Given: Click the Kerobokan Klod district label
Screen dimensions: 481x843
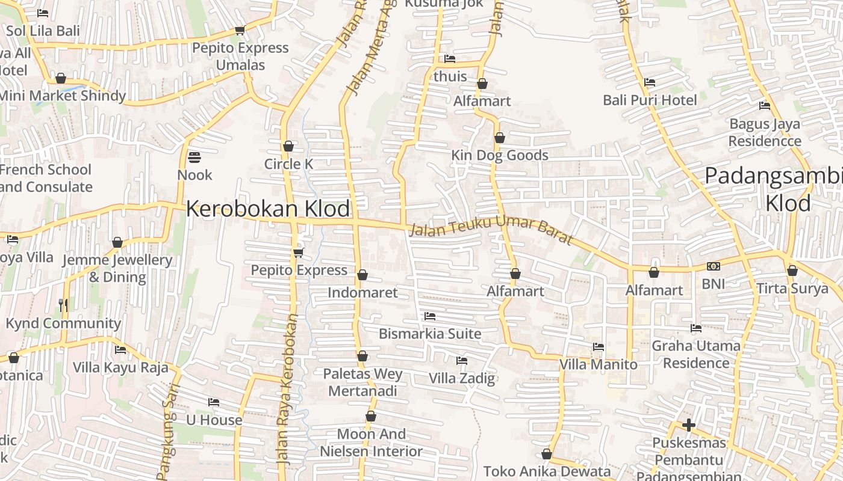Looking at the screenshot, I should point(267,209).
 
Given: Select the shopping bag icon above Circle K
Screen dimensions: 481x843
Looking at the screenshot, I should point(288,146).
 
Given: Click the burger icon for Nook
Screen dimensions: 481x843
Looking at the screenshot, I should point(194,157).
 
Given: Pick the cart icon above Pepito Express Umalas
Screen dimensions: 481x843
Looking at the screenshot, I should point(240,30).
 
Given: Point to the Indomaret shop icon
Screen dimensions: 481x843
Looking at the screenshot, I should point(362,275).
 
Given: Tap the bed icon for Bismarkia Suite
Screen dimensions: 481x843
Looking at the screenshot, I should point(429,316).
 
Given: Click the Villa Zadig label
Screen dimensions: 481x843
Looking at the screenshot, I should point(462,378).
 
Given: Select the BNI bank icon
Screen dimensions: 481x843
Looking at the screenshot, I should point(714,266).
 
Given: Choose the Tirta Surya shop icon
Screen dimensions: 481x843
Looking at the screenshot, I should point(792,271).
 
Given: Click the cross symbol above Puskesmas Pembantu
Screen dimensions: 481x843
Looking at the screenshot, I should point(689,426).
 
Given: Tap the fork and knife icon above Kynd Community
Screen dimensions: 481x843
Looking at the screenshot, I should point(63,305).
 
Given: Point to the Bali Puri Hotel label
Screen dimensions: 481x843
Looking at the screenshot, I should point(650,100).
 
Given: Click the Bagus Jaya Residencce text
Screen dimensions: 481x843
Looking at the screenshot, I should point(765,132).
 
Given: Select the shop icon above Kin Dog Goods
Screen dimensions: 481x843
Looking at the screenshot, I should point(499,138).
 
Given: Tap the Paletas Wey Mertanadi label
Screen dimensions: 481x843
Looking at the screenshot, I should point(363,382).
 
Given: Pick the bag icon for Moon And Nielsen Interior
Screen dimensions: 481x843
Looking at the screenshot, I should point(371,416).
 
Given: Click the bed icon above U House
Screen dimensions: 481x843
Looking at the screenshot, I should point(214,402).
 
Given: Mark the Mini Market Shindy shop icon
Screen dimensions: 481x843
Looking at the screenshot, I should point(60,78).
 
